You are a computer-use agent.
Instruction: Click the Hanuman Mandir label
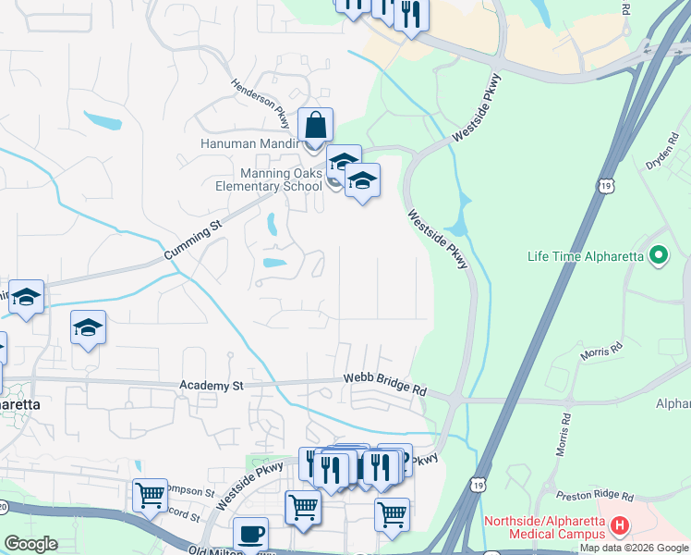tap(249, 143)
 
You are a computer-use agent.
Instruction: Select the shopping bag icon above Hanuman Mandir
tap(315, 125)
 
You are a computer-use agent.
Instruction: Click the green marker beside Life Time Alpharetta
tap(659, 254)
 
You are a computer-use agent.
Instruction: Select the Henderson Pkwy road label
tap(261, 102)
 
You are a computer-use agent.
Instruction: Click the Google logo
tap(31, 544)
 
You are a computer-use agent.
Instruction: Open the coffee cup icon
tap(250, 534)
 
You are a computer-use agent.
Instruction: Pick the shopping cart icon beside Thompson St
tap(150, 495)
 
